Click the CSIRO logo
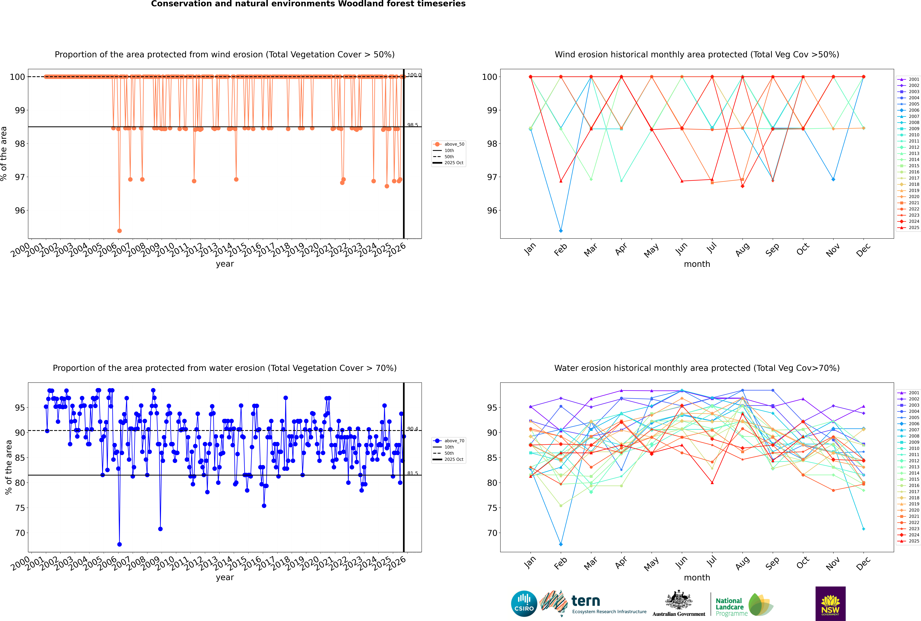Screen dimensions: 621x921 (524, 604)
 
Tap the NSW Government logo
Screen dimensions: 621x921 (830, 603)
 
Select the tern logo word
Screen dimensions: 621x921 (586, 601)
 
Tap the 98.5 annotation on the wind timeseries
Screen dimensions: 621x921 (413, 125)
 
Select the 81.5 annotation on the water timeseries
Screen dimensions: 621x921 (413, 473)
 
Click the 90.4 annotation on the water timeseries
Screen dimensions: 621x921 (413, 429)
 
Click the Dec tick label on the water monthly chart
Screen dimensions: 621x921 (863, 563)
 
